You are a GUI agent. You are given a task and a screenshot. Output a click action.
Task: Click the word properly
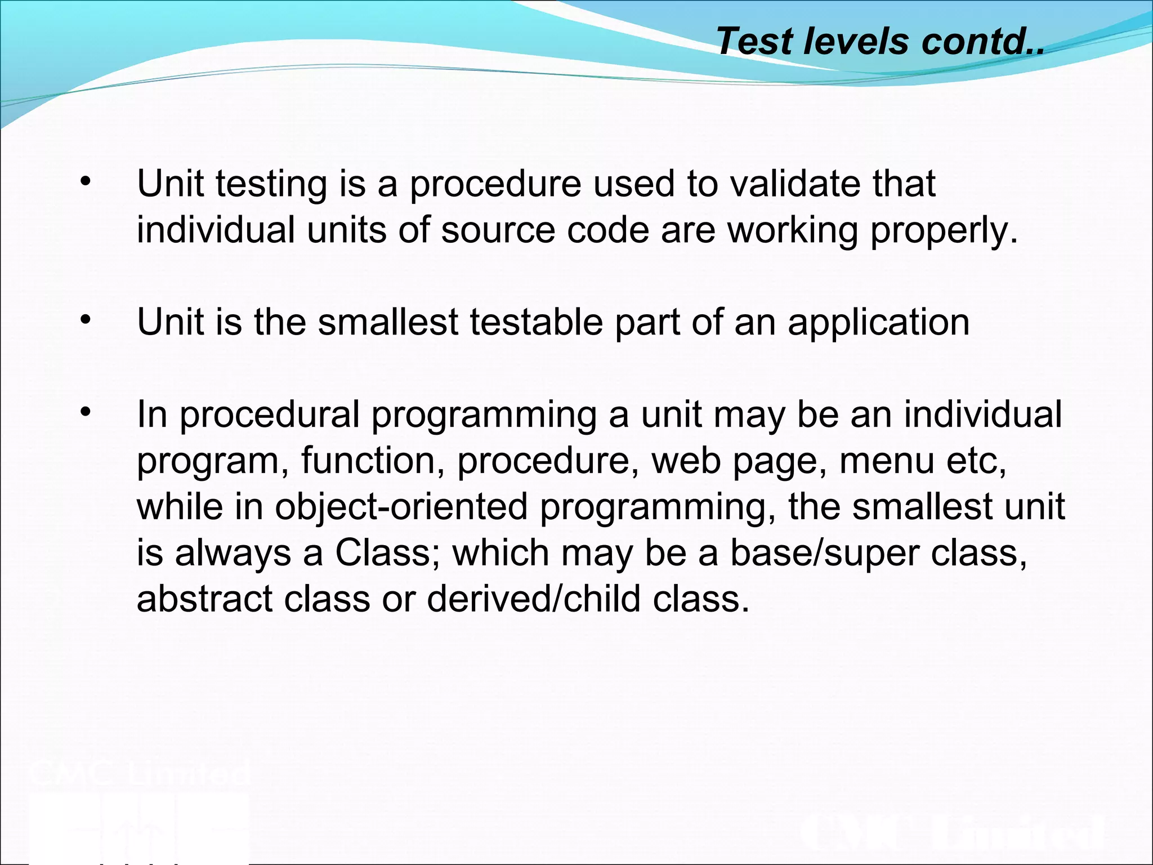point(944,231)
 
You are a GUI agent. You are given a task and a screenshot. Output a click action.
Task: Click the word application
point(878,323)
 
